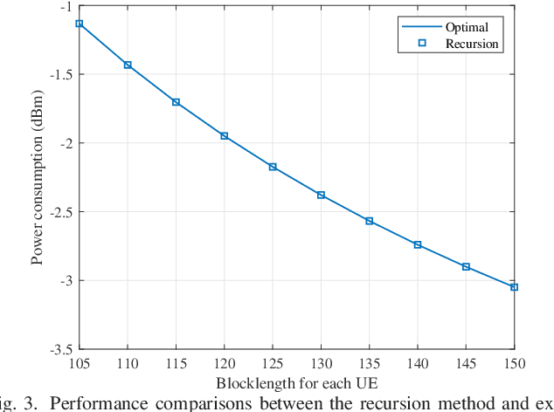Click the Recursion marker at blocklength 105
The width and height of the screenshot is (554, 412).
click(x=80, y=24)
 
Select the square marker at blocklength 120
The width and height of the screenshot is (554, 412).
click(x=225, y=136)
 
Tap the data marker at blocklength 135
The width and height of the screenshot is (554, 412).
click(x=370, y=221)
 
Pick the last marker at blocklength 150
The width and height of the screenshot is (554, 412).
click(x=514, y=287)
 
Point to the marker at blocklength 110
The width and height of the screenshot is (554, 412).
click(x=128, y=65)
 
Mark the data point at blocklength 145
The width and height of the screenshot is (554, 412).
click(x=466, y=267)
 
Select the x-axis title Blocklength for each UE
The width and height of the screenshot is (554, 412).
click(x=297, y=383)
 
